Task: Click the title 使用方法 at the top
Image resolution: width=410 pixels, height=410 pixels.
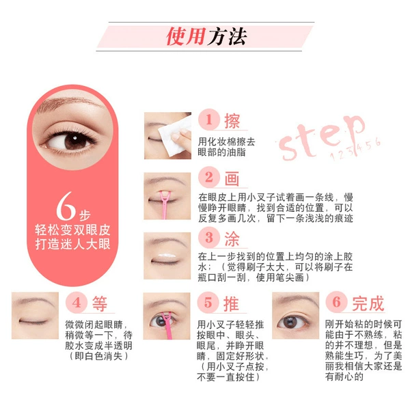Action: [206, 36]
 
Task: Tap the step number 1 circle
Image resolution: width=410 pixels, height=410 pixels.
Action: [209, 120]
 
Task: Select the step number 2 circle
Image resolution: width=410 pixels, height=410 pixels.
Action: [209, 177]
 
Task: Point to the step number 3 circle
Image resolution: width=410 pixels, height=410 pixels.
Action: [209, 237]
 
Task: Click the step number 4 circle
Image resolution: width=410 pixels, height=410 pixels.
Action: [77, 303]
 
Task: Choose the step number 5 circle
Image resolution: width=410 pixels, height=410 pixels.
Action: [208, 303]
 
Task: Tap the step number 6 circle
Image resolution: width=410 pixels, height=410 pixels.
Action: [336, 302]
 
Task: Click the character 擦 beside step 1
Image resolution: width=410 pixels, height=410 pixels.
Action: [232, 121]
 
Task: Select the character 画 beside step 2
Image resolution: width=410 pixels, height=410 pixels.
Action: [232, 178]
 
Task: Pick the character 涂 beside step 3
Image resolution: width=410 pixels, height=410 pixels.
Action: [232, 239]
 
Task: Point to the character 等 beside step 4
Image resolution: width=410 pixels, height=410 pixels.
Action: [100, 303]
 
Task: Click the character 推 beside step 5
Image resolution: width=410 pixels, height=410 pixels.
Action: [231, 304]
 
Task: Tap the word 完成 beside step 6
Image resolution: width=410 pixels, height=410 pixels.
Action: [368, 303]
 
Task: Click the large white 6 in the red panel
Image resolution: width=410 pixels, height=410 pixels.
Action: [66, 206]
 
